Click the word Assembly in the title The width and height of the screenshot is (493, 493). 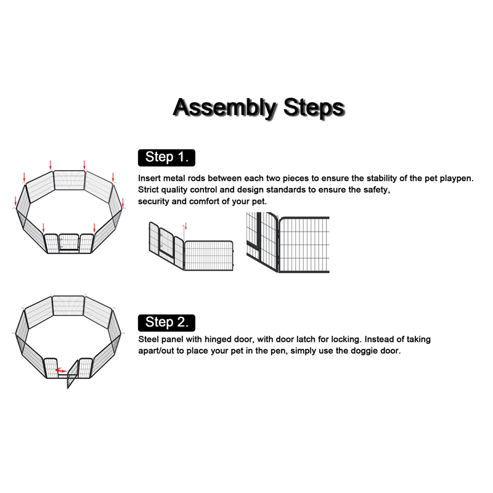tap(224, 108)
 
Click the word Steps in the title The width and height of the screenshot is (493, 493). tap(314, 107)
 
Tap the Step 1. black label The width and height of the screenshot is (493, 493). tap(166, 158)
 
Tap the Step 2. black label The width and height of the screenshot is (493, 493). tap(166, 323)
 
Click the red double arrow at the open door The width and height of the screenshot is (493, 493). tap(60, 370)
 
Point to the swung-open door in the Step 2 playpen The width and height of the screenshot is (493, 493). tap(72, 374)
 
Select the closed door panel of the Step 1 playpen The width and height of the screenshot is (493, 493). tap(68, 242)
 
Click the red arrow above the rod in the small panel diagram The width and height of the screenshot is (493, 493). tap(186, 226)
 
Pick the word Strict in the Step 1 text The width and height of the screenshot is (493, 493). tap(149, 190)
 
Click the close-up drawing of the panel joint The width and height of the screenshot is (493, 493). tap(288, 242)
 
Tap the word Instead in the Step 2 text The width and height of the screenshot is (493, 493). tap(379, 340)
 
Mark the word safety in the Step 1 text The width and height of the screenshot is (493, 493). tap(377, 190)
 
